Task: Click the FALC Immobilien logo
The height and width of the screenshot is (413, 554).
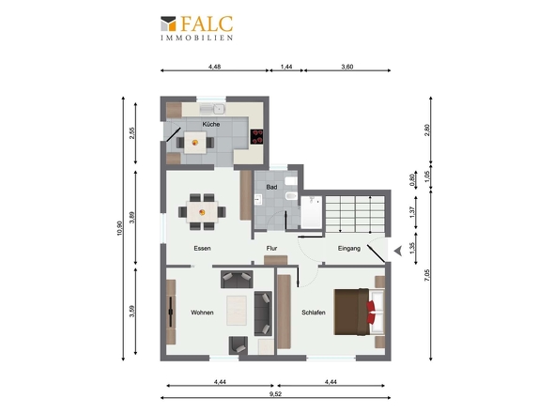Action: click(x=197, y=28)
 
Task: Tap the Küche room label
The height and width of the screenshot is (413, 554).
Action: click(x=211, y=124)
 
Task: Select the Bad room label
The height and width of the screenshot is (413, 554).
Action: click(x=271, y=187)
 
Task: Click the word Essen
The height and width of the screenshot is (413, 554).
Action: click(x=202, y=248)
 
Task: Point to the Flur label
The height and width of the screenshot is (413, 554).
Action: click(x=271, y=248)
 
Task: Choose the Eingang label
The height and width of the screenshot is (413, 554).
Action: click(x=349, y=248)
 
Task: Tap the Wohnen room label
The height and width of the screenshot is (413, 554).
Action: click(x=202, y=313)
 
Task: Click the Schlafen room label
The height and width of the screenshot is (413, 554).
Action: click(x=314, y=313)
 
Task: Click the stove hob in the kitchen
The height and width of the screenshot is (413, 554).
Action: click(x=257, y=137)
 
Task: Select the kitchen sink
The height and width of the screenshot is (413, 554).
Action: click(x=213, y=109)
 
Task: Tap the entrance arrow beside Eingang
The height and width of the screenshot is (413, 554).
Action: click(x=398, y=251)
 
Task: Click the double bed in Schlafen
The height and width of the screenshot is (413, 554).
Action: click(x=359, y=312)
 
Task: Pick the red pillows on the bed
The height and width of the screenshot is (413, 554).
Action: click(x=371, y=312)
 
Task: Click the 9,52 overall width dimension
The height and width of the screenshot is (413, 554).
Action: click(x=275, y=394)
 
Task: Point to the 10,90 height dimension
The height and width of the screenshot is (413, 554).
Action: click(x=119, y=228)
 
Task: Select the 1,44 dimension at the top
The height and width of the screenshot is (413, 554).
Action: click(x=286, y=67)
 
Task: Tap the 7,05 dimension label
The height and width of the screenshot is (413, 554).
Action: click(x=427, y=275)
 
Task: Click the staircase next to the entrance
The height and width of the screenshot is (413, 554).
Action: click(x=354, y=214)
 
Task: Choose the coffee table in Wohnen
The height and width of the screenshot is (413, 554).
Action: click(x=237, y=310)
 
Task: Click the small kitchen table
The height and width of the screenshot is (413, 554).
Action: click(x=195, y=143)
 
